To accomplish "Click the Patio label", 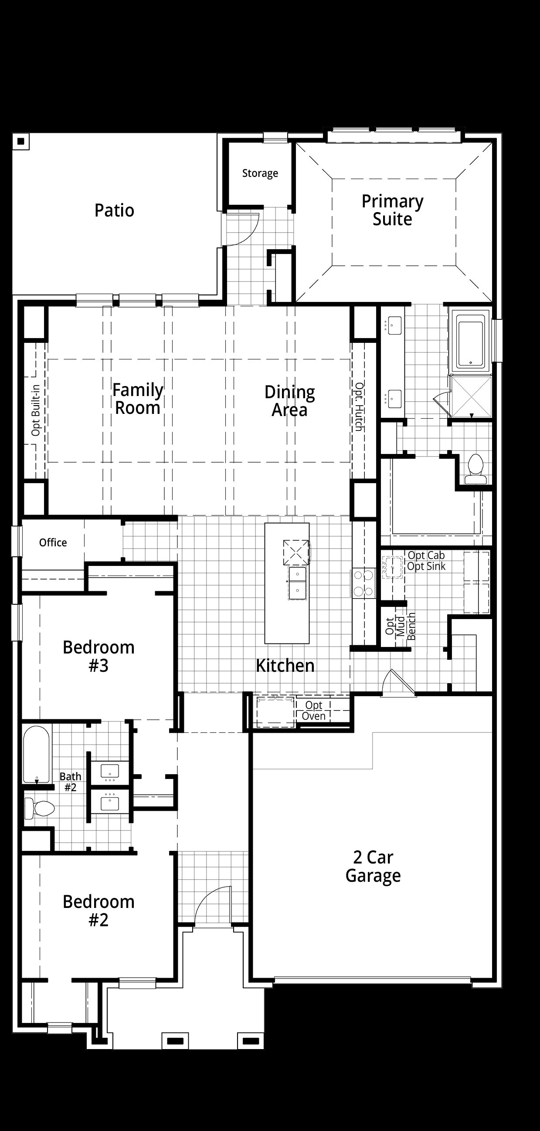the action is (x=114, y=210).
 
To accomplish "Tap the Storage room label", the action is (x=260, y=173).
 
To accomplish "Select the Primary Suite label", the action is (x=392, y=210).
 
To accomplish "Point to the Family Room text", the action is (x=138, y=399).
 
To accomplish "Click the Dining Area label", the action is (x=289, y=401).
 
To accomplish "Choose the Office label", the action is (x=53, y=543).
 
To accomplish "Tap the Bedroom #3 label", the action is (x=98, y=657).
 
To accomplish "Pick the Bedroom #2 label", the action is (x=98, y=911).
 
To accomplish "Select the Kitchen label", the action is (x=285, y=666).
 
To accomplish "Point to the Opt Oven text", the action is (x=314, y=711).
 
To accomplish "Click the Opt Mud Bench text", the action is (x=400, y=626).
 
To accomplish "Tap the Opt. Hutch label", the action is (x=359, y=406).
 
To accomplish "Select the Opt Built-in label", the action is (x=36, y=410).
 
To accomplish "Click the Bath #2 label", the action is (x=70, y=782).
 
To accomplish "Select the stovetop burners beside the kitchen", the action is (x=363, y=582).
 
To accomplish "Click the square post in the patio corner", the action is (x=20, y=141).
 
